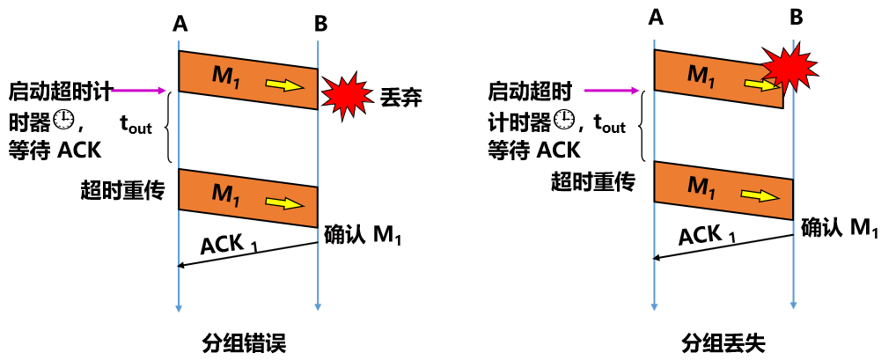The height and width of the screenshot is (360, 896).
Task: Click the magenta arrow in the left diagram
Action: pyautogui.click(x=138, y=90)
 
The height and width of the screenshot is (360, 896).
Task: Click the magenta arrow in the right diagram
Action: pyautogui.click(x=612, y=90)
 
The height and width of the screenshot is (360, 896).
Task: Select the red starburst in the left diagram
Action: pyautogui.click(x=347, y=95)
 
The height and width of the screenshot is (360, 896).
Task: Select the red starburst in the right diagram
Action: pyautogui.click(x=790, y=67)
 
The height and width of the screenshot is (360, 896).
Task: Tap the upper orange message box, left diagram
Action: pyautogui.click(x=248, y=80)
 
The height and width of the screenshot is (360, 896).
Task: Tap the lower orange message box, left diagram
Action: pyautogui.click(x=248, y=198)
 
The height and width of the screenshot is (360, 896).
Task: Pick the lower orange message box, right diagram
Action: pyautogui.click(x=723, y=190)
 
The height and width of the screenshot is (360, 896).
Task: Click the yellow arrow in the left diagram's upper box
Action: pyautogui.click(x=284, y=85)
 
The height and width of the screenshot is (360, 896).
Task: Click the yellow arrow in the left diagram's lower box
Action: pyautogui.click(x=284, y=203)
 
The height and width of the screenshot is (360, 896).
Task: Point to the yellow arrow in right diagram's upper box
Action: pyautogui.click(x=760, y=84)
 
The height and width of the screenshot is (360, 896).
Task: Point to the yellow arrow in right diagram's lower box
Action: pyautogui.click(x=760, y=195)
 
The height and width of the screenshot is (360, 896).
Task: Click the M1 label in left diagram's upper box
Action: pyautogui.click(x=226, y=77)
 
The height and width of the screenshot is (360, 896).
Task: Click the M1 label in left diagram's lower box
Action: pyautogui.click(x=226, y=195)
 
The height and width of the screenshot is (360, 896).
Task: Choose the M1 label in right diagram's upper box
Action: pyautogui.click(x=701, y=76)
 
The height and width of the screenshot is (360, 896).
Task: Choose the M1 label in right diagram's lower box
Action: pyautogui.click(x=701, y=187)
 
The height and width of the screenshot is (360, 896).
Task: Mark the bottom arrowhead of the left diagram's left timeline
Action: pyautogui.click(x=179, y=308)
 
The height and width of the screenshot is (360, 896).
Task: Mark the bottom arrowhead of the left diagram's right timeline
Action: pyautogui.click(x=318, y=307)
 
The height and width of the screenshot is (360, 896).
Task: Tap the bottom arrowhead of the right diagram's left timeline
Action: pyautogui.click(x=654, y=307)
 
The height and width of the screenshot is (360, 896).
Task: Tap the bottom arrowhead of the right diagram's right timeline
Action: pyautogui.click(x=793, y=305)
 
